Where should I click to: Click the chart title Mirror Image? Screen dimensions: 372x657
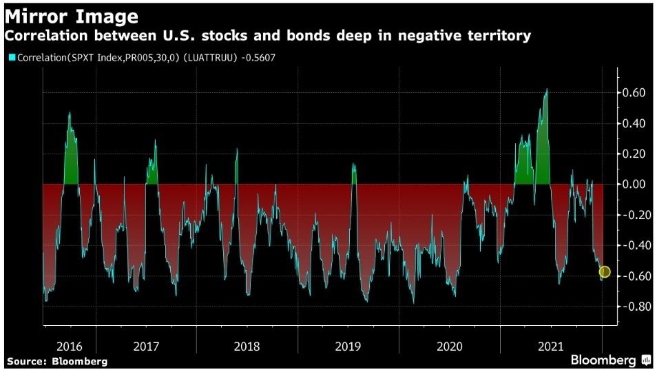click(72, 15)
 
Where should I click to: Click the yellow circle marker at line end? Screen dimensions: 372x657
click(605, 272)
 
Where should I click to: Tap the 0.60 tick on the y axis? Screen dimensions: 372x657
click(634, 93)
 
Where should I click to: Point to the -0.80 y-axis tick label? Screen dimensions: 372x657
click(632, 307)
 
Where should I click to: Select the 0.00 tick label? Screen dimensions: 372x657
click(634, 185)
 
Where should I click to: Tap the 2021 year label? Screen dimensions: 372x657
click(552, 347)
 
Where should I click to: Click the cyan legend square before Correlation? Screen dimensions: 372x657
click(12, 57)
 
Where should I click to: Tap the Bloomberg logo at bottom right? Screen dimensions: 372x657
click(610, 360)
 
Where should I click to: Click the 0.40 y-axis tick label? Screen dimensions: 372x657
click(634, 124)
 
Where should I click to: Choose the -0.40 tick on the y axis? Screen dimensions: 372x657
click(632, 246)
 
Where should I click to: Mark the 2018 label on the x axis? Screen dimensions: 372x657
click(247, 347)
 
